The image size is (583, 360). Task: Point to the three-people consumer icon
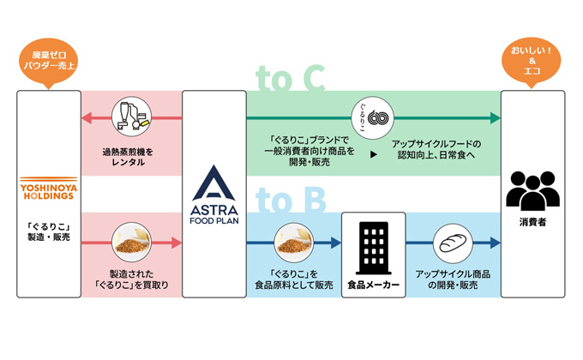(532, 189)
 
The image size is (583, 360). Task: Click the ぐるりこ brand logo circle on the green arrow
(370, 116)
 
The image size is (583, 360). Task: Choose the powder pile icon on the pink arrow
(131, 243)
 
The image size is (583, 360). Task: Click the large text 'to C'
(291, 79)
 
